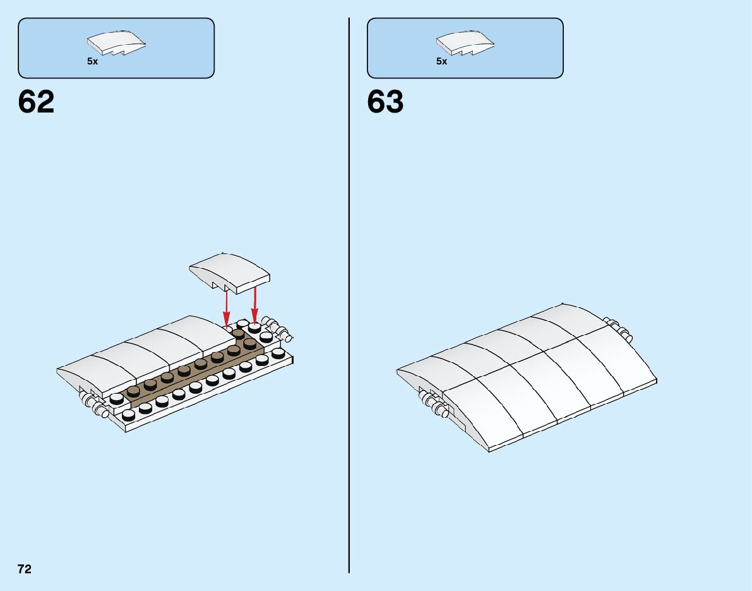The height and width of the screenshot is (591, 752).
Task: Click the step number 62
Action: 37,102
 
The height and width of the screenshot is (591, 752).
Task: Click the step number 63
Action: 385,102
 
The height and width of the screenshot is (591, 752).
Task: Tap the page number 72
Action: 25,569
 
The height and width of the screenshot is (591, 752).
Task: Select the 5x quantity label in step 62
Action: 93,62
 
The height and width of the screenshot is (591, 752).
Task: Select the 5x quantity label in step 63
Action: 441,62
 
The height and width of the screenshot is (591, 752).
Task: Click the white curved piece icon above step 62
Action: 117,44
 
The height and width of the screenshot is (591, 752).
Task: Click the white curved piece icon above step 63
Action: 466,44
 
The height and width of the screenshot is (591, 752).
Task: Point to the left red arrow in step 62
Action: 226,308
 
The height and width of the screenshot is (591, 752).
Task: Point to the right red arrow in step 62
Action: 254,306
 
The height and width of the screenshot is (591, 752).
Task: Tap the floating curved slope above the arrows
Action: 229,272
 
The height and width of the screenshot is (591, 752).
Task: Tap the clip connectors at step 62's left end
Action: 92,403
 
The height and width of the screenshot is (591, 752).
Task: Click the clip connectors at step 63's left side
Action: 433,403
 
